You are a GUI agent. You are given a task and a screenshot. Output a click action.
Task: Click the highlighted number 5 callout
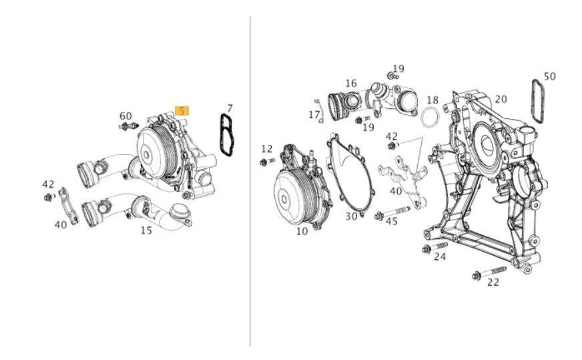[182, 111]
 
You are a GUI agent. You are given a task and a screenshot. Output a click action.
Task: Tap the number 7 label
[230, 108]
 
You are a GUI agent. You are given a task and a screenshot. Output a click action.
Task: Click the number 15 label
[146, 230]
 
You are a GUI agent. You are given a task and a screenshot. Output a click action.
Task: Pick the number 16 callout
[351, 83]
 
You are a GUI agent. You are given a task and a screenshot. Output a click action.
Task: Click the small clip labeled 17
[318, 110]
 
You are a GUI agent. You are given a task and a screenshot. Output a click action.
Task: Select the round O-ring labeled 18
[430, 117]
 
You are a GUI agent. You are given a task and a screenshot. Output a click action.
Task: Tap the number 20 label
[501, 100]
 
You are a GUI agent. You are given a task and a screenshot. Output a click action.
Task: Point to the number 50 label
[550, 76]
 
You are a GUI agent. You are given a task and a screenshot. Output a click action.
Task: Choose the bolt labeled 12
[267, 162]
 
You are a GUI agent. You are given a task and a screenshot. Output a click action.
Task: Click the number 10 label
[302, 231]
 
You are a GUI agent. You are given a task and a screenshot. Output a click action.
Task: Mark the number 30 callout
[351, 216]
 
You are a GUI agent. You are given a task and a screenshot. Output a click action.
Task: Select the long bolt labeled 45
[392, 212]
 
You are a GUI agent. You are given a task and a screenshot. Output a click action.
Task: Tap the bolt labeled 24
[434, 247]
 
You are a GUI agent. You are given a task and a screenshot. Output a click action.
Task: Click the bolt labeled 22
[489, 273]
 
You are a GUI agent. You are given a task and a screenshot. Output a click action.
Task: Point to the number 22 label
[493, 283]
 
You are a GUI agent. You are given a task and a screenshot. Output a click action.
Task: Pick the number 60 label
[125, 116]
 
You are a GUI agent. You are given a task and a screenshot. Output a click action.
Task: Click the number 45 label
[392, 222]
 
